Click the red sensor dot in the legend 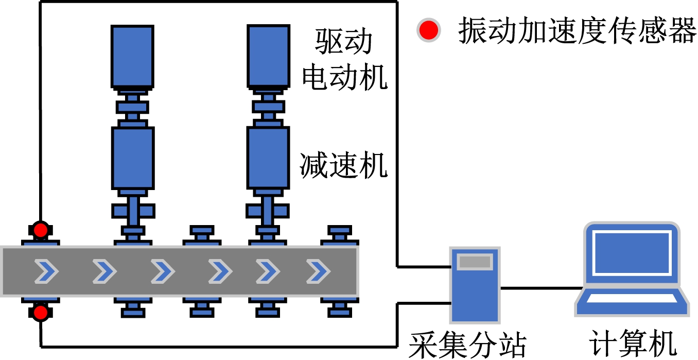(428, 31)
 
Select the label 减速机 (344, 166)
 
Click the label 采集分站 (467, 344)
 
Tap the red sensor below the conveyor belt (41, 312)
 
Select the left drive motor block (132, 56)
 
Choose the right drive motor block (268, 55)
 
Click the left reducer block (132, 158)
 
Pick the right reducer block (268, 157)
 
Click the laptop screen (632, 253)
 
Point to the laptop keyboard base (632, 303)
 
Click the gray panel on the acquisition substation (475, 262)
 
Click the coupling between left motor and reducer (132, 107)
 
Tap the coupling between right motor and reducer (268, 107)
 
